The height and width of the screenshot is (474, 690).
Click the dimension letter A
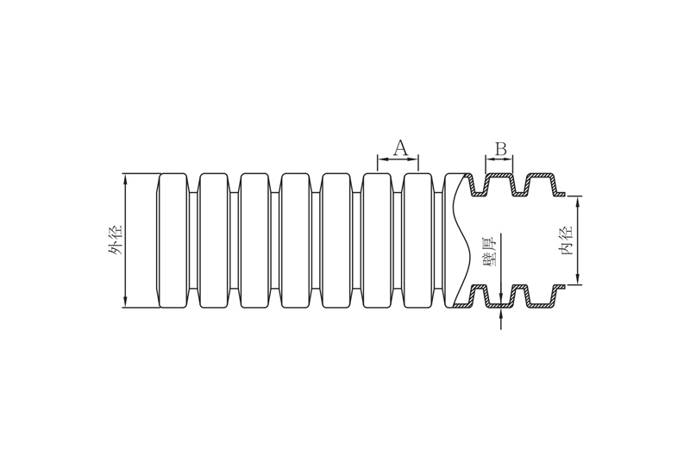(400, 147)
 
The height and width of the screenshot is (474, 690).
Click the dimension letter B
(501, 149)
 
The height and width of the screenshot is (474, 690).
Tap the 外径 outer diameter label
(116, 240)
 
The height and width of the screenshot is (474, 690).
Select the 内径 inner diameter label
(565, 240)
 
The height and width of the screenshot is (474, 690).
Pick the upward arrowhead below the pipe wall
(501, 312)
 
